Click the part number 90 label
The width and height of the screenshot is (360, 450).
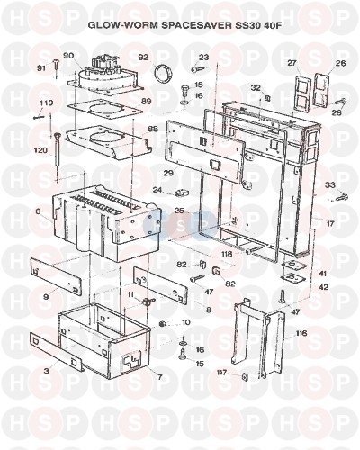click(x=68, y=56)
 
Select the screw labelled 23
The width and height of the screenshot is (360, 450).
click(x=198, y=69)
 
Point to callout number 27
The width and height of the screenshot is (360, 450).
click(x=292, y=63)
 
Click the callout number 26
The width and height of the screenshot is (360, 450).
click(x=340, y=63)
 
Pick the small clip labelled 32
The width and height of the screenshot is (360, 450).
click(x=268, y=98)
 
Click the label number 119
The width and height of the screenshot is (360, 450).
click(x=47, y=103)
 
